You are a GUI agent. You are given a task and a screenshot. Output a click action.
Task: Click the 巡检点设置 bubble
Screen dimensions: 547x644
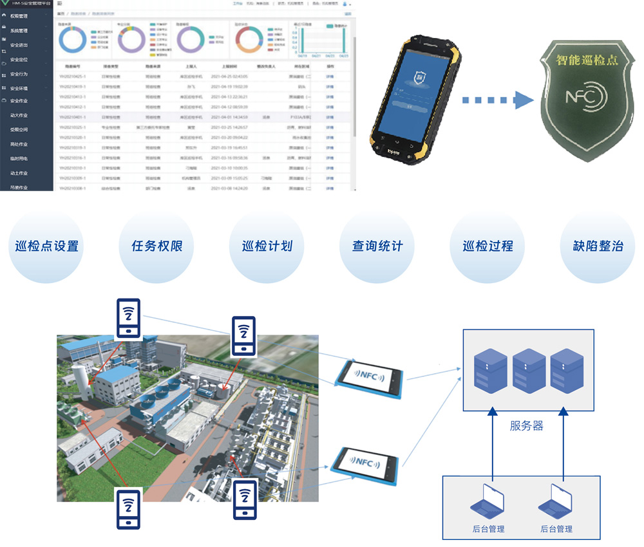pos(47,246)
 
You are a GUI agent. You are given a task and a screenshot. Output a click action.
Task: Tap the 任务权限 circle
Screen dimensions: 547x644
pos(157,246)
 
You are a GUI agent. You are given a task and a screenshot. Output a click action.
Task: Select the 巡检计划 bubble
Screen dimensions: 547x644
pos(267,246)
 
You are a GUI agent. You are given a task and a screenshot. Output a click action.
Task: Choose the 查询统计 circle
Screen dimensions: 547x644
pos(377,246)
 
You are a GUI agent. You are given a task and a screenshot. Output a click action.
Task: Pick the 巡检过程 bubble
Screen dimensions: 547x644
pos(488,246)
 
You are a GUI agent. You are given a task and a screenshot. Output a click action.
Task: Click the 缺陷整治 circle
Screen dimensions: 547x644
pos(598,246)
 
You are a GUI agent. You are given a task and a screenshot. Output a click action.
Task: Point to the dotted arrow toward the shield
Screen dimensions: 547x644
pos(496,100)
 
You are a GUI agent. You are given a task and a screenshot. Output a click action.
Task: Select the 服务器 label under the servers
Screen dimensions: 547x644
pos(527,426)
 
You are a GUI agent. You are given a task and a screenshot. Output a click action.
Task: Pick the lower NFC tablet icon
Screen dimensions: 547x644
pos(366,462)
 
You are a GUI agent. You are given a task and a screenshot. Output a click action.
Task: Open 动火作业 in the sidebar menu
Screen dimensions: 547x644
pos(19,115)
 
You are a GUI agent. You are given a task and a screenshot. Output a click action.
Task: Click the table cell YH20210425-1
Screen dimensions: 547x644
pos(72,77)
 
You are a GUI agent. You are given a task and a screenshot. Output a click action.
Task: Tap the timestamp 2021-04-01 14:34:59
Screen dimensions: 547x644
pos(229,117)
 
